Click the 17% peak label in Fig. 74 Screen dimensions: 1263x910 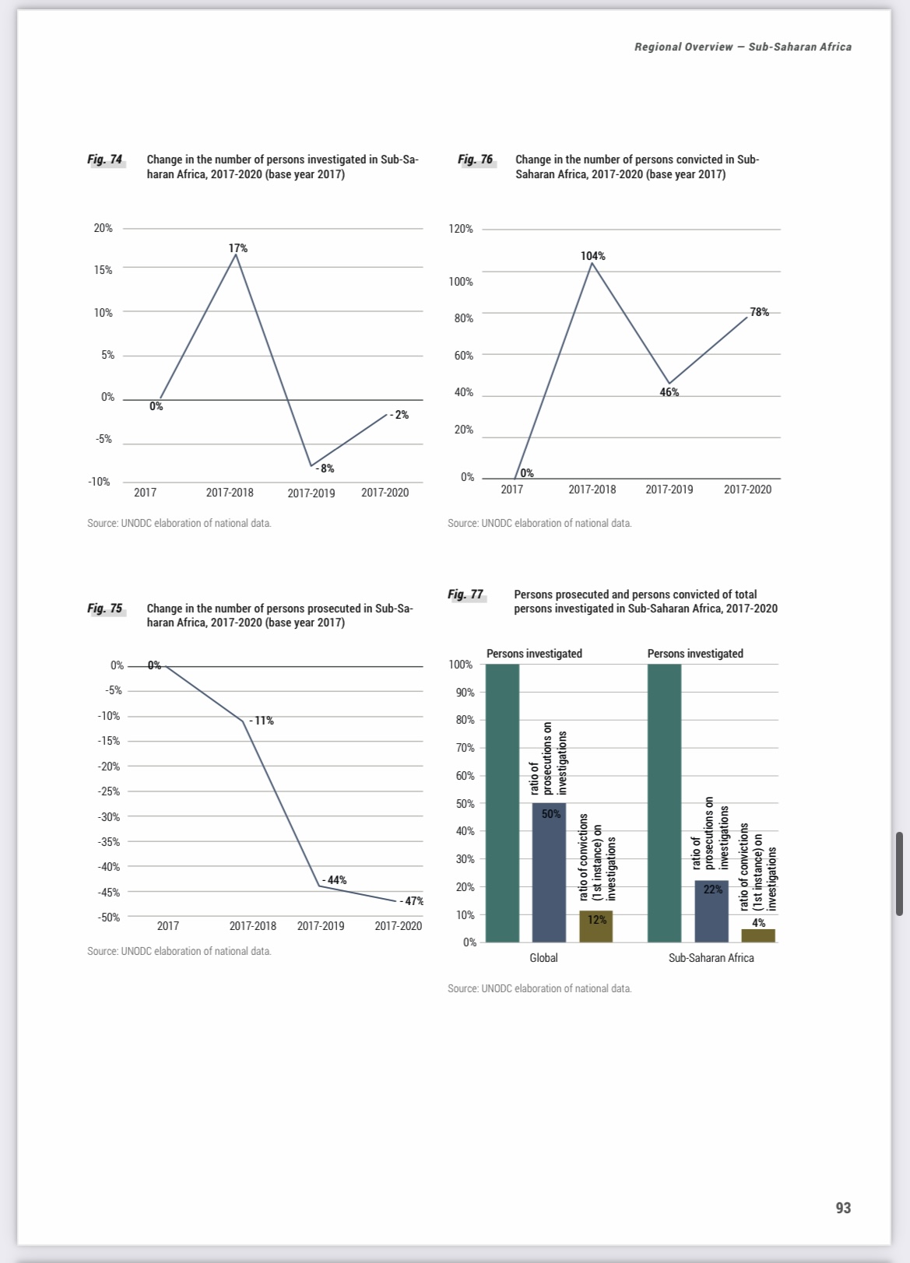[x=238, y=248]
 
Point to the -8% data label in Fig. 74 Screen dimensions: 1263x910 [x=326, y=468]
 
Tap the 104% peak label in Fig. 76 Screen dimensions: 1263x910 [x=592, y=256]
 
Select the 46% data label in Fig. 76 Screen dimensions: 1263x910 [x=669, y=392]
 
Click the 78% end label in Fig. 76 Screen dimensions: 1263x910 [x=759, y=312]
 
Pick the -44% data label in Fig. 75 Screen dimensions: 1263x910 [x=336, y=880]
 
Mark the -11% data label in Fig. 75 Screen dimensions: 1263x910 [x=262, y=721]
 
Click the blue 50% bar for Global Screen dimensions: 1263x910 [x=549, y=872]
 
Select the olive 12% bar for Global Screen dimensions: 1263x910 [x=596, y=927]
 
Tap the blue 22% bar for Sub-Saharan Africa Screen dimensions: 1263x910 [x=711, y=910]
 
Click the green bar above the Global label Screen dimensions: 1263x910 [x=502, y=802]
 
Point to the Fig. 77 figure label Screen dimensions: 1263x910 [x=466, y=595]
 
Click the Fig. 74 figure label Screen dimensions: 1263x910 [x=105, y=160]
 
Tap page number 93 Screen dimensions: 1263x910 [x=843, y=1208]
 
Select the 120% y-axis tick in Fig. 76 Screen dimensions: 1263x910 [x=461, y=229]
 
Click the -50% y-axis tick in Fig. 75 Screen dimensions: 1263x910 [x=109, y=917]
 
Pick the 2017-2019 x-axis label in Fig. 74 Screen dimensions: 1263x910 [x=311, y=493]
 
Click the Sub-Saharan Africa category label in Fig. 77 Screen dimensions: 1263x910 [x=711, y=958]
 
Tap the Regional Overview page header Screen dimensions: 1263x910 [x=743, y=47]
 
